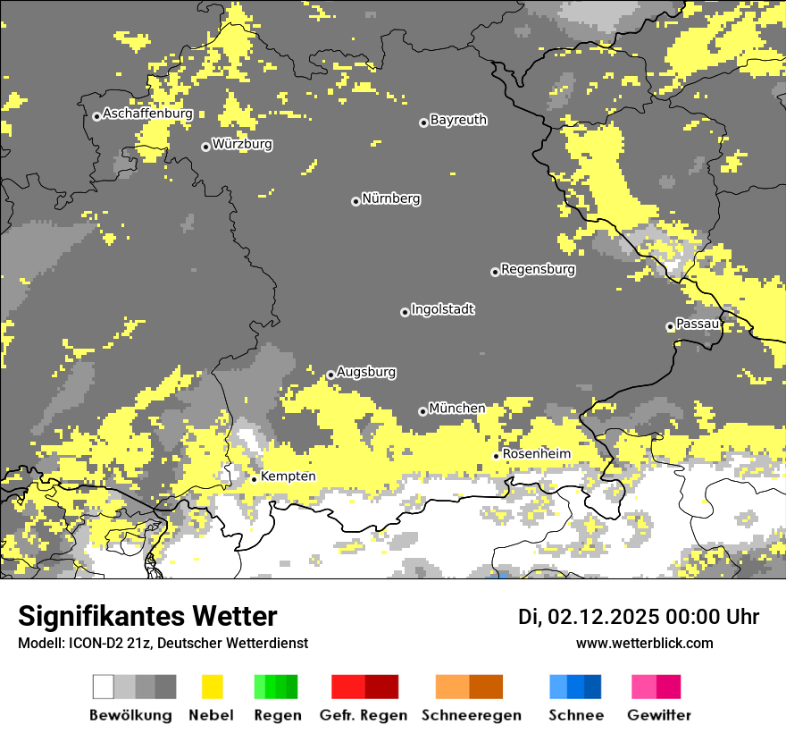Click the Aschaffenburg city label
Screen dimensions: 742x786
click(x=147, y=114)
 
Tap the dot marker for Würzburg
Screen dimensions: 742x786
click(x=205, y=147)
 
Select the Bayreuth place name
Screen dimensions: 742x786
click(x=458, y=120)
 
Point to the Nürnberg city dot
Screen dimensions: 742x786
click(x=355, y=201)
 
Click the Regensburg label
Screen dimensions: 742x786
click(x=538, y=269)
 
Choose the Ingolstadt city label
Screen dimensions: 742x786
click(x=442, y=309)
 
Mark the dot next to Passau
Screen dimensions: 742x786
click(x=670, y=326)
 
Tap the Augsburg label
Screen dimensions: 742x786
click(x=366, y=372)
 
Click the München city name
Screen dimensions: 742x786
click(x=456, y=409)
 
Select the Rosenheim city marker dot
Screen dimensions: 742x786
click(x=497, y=456)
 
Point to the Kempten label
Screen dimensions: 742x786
click(x=288, y=476)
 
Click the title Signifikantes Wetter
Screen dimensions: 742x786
click(x=147, y=616)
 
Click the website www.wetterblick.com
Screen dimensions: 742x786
click(x=644, y=643)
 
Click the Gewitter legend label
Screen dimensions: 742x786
click(x=659, y=715)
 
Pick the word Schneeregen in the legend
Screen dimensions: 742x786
click(x=471, y=715)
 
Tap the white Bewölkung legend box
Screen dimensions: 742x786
click(x=104, y=687)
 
